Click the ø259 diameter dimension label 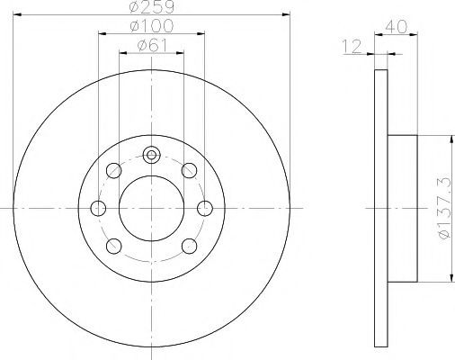pos(151,6)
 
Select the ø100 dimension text pos(152,26)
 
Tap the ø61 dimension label pos(152,45)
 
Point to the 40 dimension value pos(397,26)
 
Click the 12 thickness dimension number pos(352,47)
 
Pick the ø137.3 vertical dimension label pos(444,208)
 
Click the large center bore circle pos(151,208)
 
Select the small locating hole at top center pos(152,155)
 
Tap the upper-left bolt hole pos(114,170)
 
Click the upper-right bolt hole pos(190,170)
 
